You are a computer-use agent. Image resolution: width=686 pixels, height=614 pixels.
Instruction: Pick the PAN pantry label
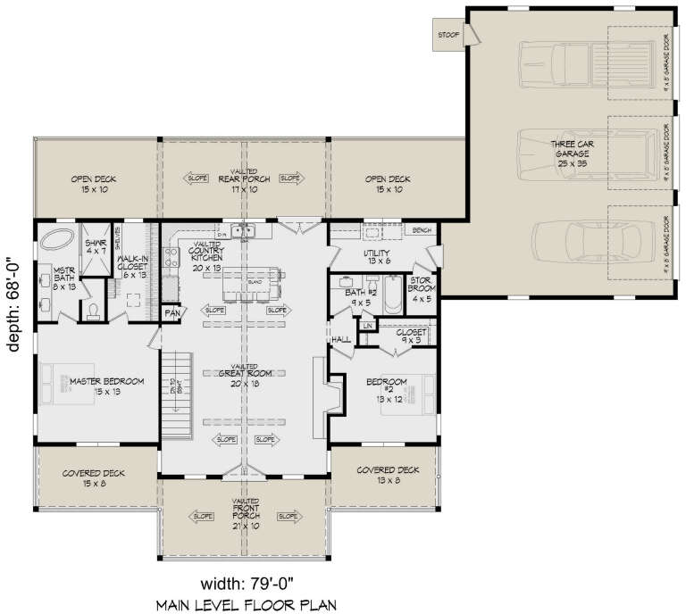tap(171, 314)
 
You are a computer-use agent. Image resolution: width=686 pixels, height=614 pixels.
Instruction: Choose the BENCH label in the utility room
tap(419, 230)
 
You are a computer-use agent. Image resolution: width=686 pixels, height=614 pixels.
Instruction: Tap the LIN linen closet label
tap(366, 327)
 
